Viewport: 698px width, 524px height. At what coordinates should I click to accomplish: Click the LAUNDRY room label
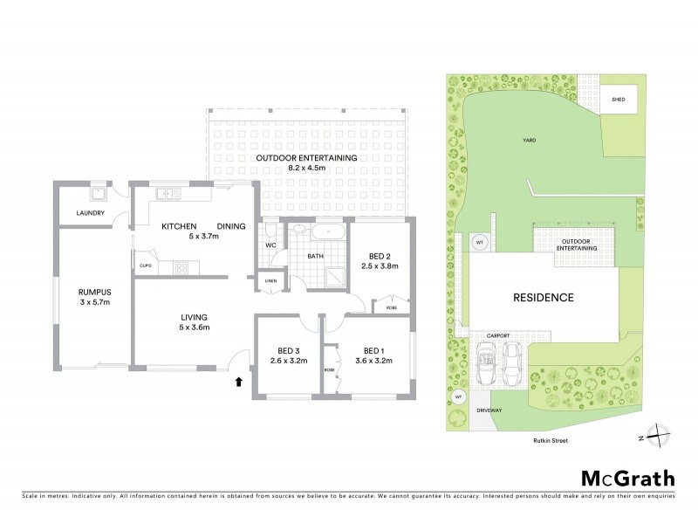pos(91,213)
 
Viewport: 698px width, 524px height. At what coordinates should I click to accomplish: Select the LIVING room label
pos(192,317)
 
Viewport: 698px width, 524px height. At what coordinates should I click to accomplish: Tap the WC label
pos(271,245)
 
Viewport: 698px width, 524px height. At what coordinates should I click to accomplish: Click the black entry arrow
pos(238,381)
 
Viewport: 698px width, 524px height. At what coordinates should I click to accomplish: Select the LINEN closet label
pos(271,281)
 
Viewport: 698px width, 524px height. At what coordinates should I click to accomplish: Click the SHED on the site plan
pos(619,100)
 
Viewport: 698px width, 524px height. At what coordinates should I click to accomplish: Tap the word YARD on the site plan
pos(529,140)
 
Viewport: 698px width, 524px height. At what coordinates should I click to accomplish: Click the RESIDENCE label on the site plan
pos(543,297)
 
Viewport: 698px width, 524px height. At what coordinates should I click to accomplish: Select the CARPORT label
pos(500,334)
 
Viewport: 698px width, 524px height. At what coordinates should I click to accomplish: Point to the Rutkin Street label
pos(550,441)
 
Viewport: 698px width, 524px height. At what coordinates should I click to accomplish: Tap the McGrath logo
pos(628,478)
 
